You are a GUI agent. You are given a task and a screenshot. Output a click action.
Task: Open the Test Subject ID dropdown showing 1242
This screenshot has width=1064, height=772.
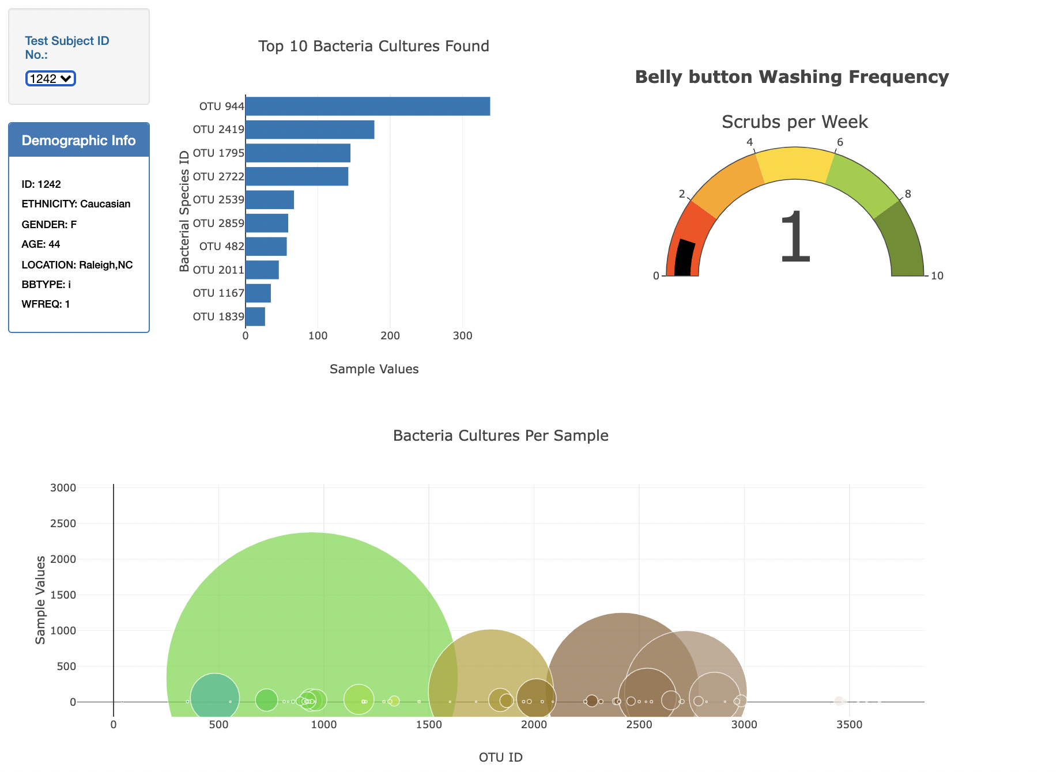pos(51,78)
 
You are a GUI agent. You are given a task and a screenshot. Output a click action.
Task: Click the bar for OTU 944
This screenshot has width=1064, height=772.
pos(367,107)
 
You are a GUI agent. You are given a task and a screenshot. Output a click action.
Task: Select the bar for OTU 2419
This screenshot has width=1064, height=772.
pos(310,130)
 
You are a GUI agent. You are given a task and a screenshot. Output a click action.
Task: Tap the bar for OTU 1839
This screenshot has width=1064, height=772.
pos(255,316)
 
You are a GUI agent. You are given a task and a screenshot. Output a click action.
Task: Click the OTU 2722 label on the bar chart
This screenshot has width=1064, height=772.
pos(218,176)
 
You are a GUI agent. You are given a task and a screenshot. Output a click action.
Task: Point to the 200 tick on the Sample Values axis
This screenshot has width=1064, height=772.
pos(390,336)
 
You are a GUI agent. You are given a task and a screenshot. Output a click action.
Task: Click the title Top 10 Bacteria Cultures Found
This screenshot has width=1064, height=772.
pos(373,46)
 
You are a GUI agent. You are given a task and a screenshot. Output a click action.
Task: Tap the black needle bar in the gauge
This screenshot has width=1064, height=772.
pos(684,257)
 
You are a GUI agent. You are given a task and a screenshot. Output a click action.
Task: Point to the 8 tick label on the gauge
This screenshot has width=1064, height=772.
pos(908,194)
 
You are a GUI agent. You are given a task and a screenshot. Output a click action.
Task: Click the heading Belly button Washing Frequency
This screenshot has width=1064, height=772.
pos(791,77)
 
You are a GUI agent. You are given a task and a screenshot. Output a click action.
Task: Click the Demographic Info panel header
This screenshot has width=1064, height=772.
pos(79,140)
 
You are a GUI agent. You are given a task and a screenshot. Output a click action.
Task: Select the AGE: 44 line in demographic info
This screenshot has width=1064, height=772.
pos(41,244)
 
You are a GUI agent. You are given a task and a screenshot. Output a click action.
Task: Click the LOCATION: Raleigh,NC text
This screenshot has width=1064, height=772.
pos(77,265)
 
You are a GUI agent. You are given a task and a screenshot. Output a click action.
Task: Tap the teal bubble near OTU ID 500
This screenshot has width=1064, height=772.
pos(214,697)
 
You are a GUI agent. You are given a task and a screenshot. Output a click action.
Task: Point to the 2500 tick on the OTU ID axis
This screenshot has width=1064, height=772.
pos(639,725)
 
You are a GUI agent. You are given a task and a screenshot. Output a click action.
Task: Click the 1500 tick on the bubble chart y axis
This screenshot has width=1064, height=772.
pos(63,595)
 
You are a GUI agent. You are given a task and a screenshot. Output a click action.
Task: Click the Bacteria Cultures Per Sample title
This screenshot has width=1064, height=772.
pos(500,436)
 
